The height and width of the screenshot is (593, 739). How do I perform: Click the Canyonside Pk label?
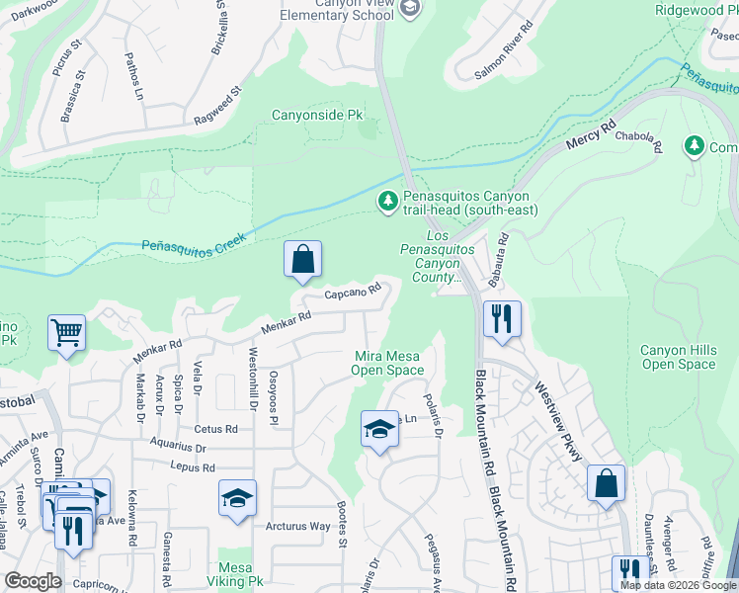318,116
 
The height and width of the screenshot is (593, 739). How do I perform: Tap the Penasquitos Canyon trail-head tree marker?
388,202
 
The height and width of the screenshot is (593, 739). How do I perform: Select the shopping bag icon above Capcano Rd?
304,260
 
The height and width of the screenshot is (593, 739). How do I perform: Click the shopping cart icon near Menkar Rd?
66,333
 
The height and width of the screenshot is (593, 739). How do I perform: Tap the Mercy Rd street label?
591,136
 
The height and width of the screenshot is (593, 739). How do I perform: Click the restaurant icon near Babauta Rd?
502,318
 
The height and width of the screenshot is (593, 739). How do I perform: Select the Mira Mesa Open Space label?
387,363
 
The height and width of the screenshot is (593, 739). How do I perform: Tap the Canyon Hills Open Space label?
678,357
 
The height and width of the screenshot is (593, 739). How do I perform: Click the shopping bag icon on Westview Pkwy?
606,483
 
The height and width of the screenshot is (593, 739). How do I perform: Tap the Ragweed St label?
217,106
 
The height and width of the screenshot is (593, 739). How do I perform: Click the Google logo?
33,581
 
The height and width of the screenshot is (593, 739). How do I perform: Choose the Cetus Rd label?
216,429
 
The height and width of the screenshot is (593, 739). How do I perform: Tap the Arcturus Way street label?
297,526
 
